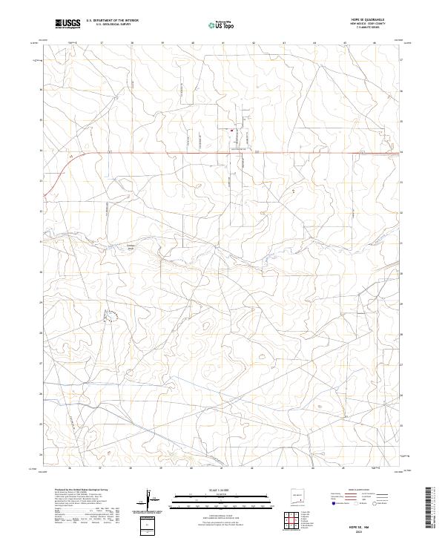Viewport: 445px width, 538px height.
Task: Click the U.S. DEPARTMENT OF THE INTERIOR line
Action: point(112,21)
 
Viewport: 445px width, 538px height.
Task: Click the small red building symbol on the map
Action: point(232,131)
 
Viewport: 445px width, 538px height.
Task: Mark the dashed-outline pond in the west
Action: point(111,317)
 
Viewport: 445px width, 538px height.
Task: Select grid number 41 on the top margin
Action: point(222,43)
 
